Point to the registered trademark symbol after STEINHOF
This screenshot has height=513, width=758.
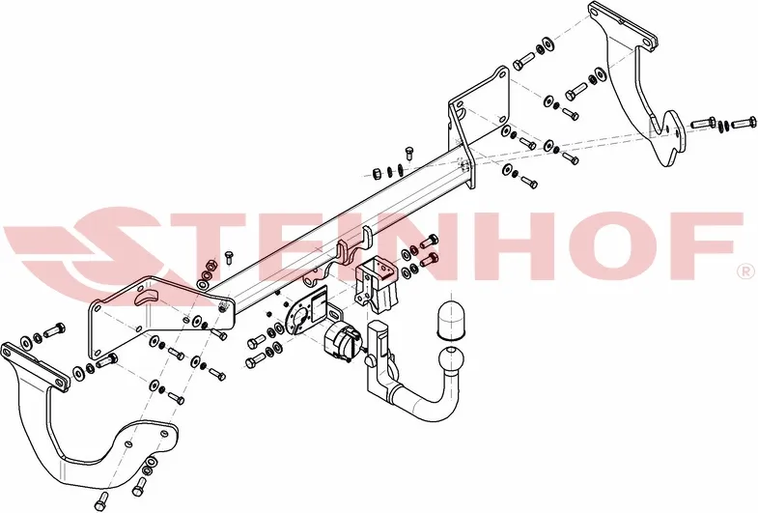coord(744,272)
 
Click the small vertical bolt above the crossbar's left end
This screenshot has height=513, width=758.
coord(229,256)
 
